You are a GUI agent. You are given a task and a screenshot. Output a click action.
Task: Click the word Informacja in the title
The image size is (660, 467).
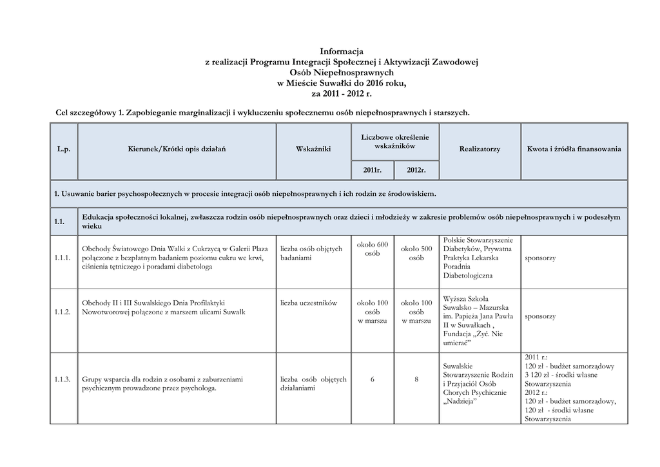click(x=342, y=51)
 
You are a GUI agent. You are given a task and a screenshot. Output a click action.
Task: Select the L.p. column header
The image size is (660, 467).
click(x=63, y=149)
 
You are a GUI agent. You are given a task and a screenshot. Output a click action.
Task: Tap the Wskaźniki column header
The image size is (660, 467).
click(x=313, y=149)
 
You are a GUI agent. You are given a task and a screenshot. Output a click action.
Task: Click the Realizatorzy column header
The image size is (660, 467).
click(x=480, y=149)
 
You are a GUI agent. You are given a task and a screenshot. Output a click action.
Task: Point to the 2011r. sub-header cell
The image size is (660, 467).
click(x=373, y=171)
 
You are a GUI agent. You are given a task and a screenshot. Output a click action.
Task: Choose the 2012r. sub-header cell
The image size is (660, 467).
click(x=416, y=171)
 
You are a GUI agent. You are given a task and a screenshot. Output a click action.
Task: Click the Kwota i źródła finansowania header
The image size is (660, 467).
click(x=574, y=149)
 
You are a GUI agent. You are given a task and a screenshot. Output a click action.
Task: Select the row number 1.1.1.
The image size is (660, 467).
click(x=63, y=258)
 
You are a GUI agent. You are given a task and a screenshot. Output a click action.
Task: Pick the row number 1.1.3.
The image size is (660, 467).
click(x=63, y=379)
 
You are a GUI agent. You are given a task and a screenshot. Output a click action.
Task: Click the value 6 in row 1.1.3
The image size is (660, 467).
click(x=373, y=379)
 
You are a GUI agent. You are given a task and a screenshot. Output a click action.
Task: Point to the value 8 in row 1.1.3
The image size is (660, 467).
click(x=416, y=379)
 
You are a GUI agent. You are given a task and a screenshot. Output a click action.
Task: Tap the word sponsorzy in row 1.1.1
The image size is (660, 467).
click(x=540, y=258)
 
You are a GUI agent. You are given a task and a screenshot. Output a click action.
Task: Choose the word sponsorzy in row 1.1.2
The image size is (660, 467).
click(x=540, y=316)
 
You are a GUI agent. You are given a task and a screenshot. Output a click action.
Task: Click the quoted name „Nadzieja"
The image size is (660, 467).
click(x=460, y=401)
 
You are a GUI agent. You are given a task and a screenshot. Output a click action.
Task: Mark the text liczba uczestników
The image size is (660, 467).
click(x=309, y=303)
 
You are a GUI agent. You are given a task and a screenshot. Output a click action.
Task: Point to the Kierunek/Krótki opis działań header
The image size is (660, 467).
click(x=177, y=149)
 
